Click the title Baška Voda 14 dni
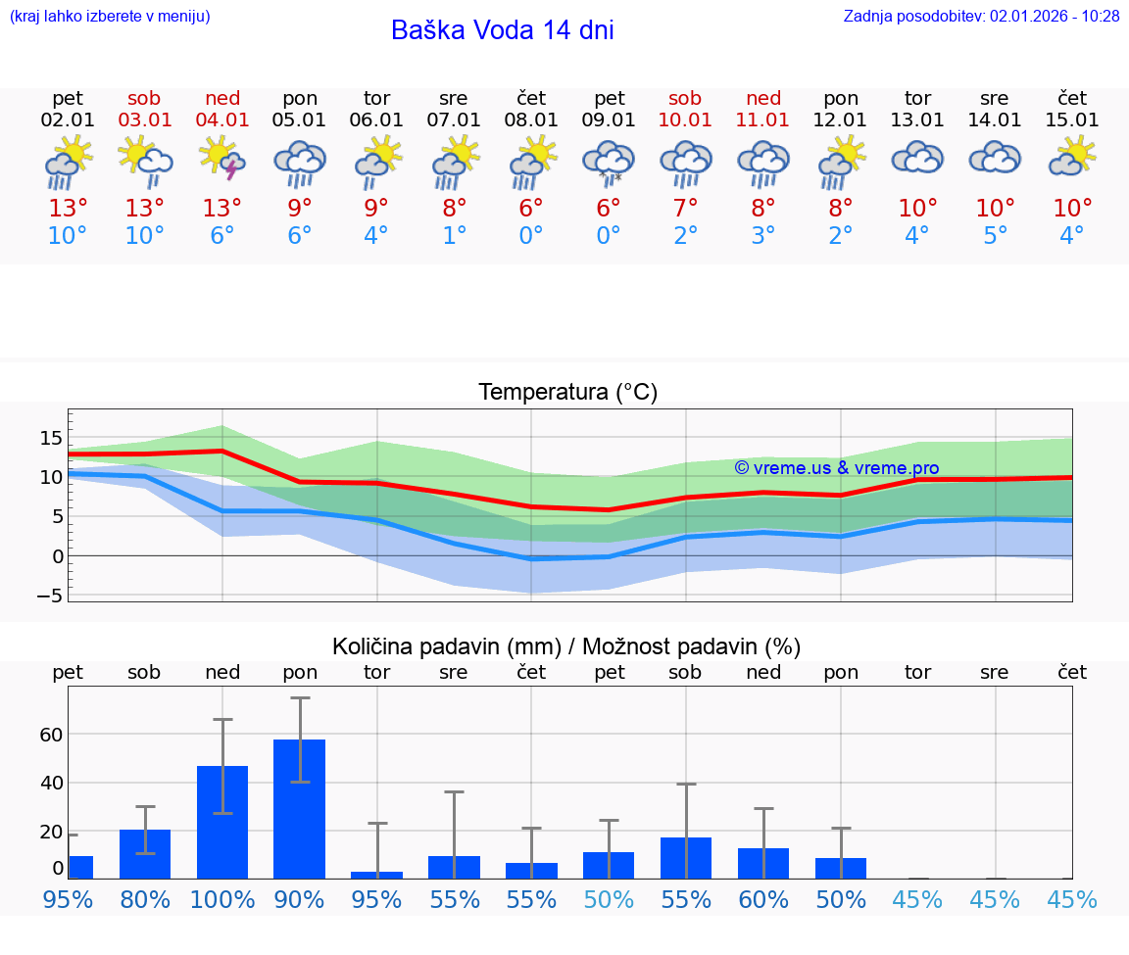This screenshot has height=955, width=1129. (x=502, y=30)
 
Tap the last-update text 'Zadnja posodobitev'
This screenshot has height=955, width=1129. (x=981, y=17)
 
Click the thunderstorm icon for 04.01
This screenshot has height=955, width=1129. (x=222, y=161)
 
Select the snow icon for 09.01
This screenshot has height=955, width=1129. (x=609, y=163)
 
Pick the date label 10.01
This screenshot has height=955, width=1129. (x=685, y=120)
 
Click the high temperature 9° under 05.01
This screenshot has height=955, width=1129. (x=300, y=209)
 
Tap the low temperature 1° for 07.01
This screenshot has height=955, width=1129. (x=454, y=236)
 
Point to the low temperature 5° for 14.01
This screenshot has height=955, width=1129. (x=996, y=236)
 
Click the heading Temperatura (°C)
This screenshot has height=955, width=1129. (x=567, y=393)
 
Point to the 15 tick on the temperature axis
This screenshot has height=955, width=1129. (x=51, y=438)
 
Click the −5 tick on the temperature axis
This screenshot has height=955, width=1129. (x=49, y=596)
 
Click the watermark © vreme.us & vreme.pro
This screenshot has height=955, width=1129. (x=836, y=468)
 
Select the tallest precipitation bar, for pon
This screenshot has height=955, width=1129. (x=299, y=808)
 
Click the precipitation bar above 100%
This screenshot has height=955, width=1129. (x=222, y=822)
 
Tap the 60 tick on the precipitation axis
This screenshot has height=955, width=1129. (x=51, y=735)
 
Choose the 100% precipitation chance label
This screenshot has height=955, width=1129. (x=222, y=900)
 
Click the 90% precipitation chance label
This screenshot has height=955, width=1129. (x=300, y=900)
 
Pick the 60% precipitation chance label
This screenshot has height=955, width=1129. (x=763, y=900)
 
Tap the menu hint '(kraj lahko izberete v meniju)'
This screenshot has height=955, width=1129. (x=110, y=17)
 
